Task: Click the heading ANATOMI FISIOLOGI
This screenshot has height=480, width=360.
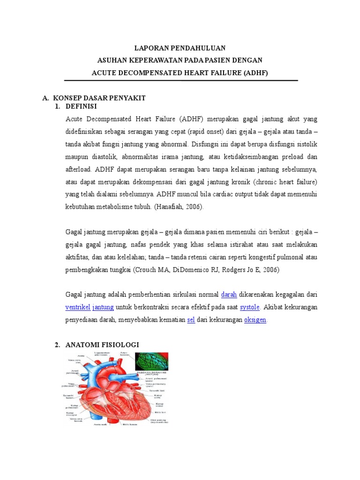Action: click(x=103, y=345)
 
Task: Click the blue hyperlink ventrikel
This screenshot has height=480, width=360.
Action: click(x=78, y=307)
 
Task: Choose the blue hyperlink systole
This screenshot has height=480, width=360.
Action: click(x=250, y=307)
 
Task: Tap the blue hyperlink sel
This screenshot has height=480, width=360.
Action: click(x=191, y=320)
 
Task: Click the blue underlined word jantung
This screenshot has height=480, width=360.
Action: click(x=103, y=307)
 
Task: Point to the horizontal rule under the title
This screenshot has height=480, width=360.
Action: click(x=180, y=81)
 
